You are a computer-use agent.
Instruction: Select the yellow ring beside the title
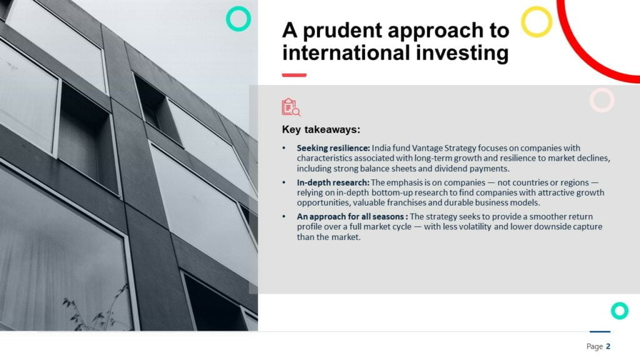coord(536,22)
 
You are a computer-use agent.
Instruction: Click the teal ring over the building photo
coord(238,19)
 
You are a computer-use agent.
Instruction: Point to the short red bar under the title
coord(294,75)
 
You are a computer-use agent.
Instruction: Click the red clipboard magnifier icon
coord(291,107)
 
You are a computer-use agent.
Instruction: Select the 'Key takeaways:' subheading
coord(321,130)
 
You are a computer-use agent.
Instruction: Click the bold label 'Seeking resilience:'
coord(333,147)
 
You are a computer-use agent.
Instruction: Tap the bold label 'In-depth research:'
coord(332,182)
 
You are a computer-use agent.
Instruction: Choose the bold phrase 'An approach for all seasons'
coord(350,216)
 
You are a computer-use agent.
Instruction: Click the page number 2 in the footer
coord(608,346)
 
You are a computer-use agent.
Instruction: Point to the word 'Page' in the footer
coord(594,346)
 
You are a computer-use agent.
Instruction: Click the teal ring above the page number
coord(619,311)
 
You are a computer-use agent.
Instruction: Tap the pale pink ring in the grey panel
coord(602,100)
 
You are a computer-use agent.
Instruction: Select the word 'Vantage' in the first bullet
coord(427,148)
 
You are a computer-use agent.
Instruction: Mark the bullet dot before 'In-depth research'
coord(284,182)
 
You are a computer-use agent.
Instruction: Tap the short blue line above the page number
coord(600,332)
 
